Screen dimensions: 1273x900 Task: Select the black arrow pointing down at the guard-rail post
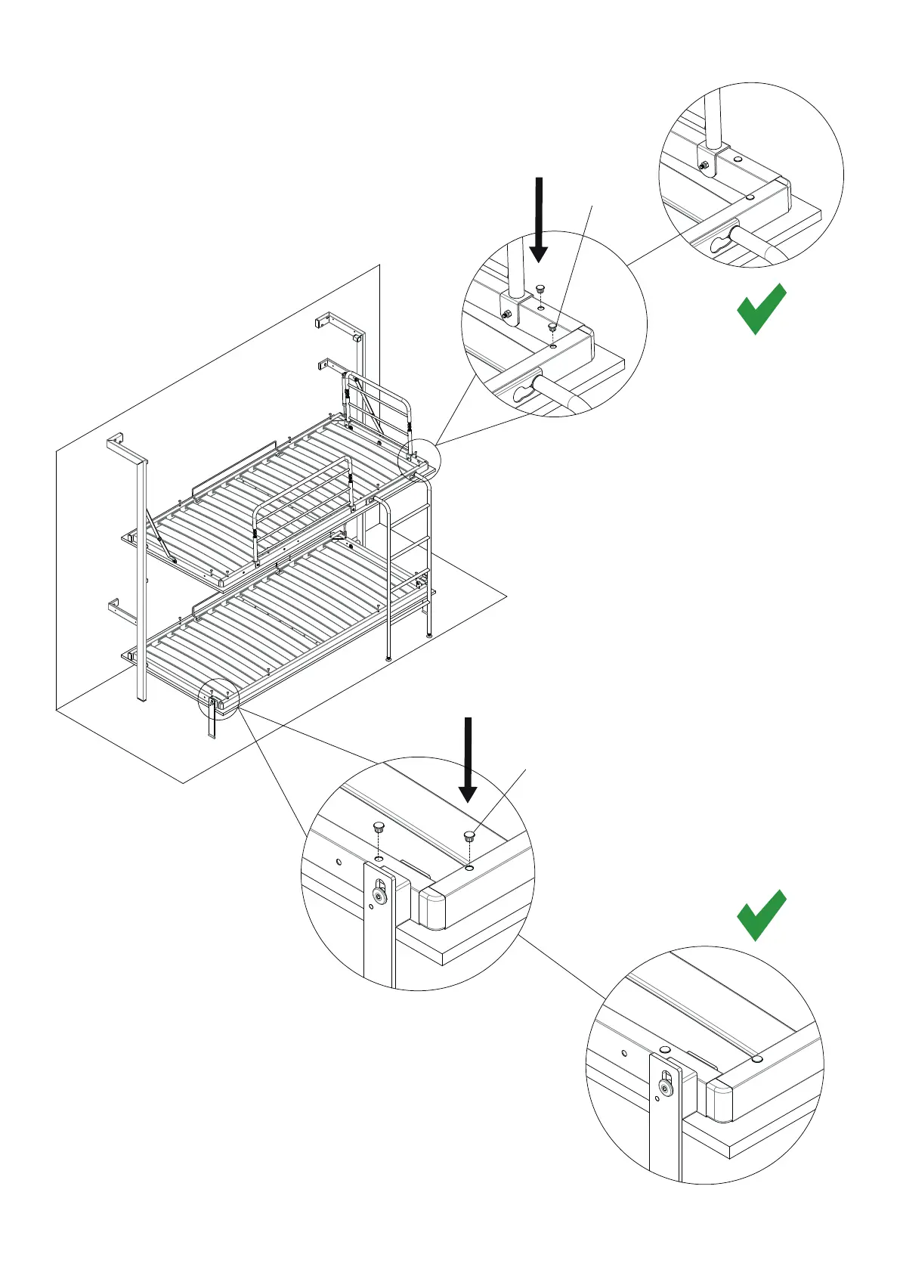[539, 219]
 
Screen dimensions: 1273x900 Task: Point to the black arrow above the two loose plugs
[469, 759]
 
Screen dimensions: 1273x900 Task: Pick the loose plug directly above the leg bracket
[379, 827]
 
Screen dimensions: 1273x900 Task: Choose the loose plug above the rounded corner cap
[470, 836]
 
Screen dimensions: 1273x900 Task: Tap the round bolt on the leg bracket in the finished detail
[664, 1087]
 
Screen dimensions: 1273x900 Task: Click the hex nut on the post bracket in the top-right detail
[704, 166]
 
